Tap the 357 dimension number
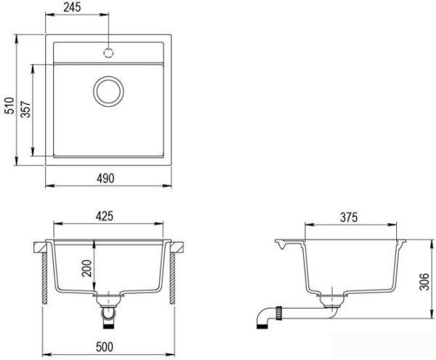(25, 110)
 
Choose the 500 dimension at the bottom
(110, 347)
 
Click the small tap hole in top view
(110, 52)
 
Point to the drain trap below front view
(110, 313)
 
